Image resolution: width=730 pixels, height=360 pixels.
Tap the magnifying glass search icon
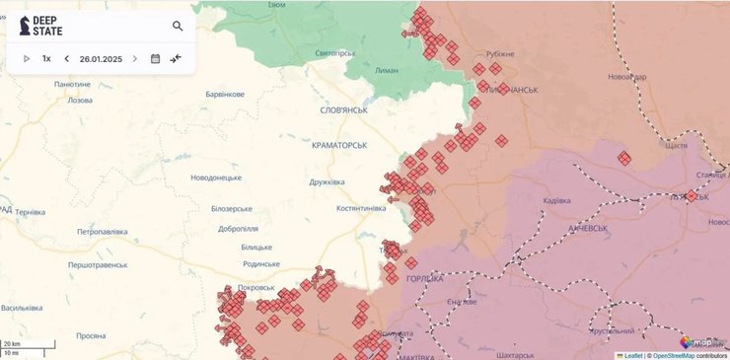(x=178, y=27)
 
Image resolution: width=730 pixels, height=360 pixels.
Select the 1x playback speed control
(x=46, y=59)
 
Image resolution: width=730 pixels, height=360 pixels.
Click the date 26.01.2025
(x=101, y=59)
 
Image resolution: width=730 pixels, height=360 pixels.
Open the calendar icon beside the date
(x=155, y=59)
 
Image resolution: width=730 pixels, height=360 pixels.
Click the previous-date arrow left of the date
(x=67, y=59)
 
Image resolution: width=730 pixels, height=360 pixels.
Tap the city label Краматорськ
(x=338, y=145)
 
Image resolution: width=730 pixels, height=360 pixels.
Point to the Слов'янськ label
(x=343, y=110)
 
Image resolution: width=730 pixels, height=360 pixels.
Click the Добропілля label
(x=239, y=229)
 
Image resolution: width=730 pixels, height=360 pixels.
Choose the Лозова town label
(x=79, y=101)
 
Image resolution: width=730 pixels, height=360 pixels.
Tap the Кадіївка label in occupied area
(x=556, y=201)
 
